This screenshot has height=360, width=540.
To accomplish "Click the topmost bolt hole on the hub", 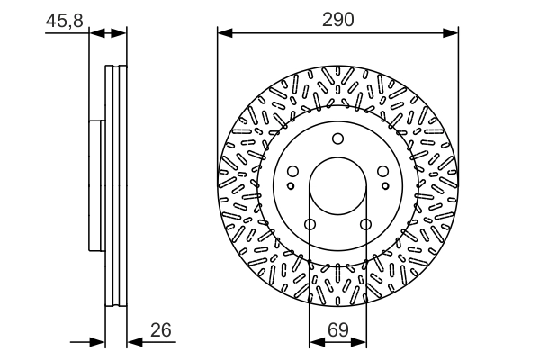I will (x=337, y=139).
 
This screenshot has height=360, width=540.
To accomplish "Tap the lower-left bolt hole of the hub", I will (x=310, y=225).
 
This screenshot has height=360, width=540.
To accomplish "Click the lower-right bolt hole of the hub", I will (x=365, y=225).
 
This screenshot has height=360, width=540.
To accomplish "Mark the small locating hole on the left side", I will (x=290, y=185).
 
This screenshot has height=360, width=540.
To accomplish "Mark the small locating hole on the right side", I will (x=385, y=185).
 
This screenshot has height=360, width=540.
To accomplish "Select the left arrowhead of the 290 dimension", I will (x=224, y=33).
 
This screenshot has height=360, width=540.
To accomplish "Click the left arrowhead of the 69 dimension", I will (x=316, y=342).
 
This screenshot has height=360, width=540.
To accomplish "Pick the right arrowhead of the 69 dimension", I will (x=359, y=342).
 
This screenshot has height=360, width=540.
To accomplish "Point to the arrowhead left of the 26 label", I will (x=133, y=342).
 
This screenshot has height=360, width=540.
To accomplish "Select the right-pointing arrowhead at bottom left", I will (x=100, y=342).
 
